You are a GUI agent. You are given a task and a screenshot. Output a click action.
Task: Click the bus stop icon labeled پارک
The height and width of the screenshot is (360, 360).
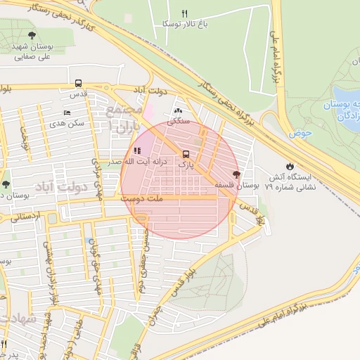(186, 154)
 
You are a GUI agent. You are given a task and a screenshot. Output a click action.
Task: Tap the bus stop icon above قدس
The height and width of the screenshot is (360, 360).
(77, 82)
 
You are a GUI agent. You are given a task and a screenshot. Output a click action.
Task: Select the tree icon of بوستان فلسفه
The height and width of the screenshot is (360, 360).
(236, 174)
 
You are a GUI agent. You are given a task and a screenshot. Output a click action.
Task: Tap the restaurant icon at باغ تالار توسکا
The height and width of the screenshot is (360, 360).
(184, 13)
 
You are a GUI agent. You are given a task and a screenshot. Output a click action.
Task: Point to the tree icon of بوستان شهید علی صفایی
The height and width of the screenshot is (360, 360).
(31, 34)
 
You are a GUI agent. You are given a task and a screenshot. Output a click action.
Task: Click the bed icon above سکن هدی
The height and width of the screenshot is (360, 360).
(67, 112)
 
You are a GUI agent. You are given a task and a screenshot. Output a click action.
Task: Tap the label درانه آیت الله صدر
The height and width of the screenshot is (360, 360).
(146, 162)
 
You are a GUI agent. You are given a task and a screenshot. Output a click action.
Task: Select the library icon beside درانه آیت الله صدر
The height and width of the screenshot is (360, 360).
(138, 150)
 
